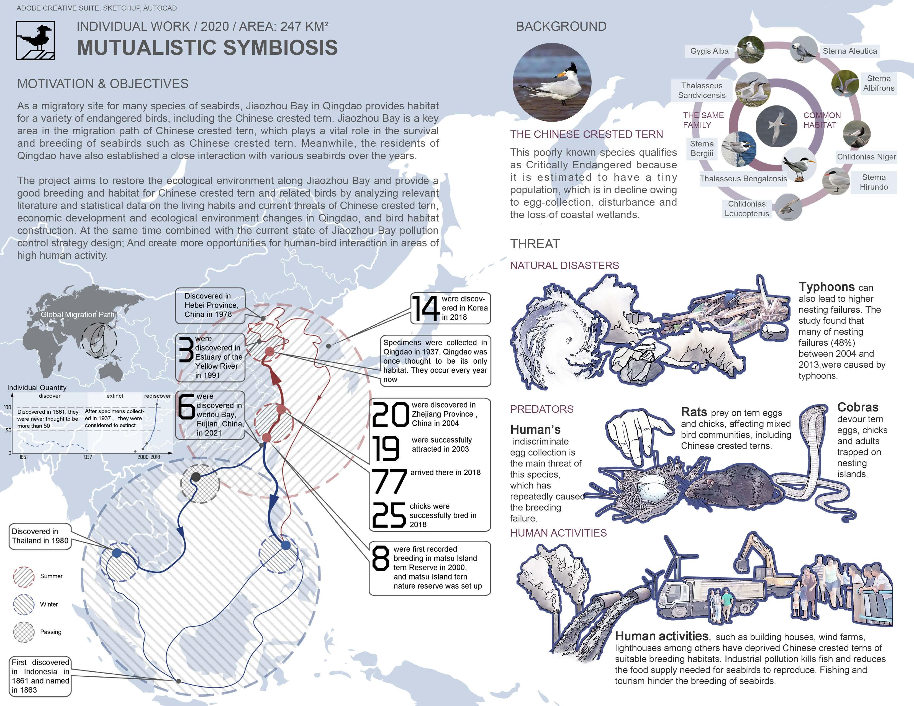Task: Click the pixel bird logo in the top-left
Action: [35, 41]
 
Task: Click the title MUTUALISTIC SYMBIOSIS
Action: [207, 47]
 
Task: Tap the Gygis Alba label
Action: [709, 51]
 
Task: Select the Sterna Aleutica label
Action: [849, 51]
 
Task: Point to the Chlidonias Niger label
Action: [866, 157]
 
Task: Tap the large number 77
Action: [389, 481]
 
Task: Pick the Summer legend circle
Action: [24, 577]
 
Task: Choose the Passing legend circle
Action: [24, 632]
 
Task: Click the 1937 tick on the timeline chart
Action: [88, 457]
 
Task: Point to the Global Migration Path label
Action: [78, 315]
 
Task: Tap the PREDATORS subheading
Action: [541, 409]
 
